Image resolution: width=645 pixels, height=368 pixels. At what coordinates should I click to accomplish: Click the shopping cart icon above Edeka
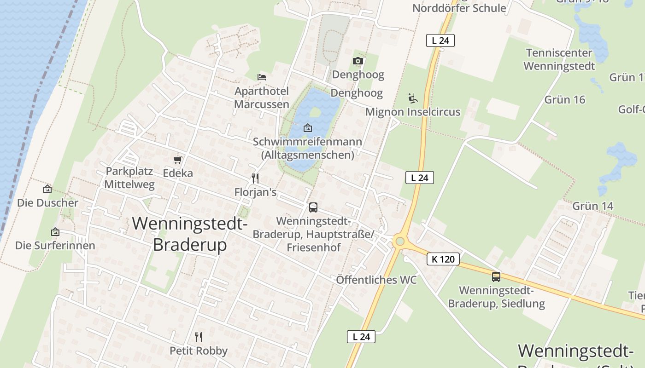(x=177, y=160)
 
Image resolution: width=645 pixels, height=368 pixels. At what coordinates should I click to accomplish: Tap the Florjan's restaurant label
(x=255, y=192)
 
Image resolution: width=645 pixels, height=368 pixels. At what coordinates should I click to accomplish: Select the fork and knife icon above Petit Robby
(x=199, y=337)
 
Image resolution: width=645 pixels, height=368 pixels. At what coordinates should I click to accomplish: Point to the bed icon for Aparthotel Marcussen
(x=262, y=77)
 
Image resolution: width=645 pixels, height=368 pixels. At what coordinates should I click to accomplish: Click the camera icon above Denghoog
(x=358, y=61)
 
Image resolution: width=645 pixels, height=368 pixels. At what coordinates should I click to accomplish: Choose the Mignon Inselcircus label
(x=413, y=112)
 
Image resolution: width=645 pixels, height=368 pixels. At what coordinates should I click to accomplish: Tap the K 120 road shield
(x=443, y=259)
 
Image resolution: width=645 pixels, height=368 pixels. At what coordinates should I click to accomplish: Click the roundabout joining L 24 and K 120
(x=399, y=241)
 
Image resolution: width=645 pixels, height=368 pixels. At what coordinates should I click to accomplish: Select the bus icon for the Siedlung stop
(x=496, y=276)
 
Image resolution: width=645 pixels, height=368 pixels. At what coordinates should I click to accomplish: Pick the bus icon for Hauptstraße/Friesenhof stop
(x=313, y=207)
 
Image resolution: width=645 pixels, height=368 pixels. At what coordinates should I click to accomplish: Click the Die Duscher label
(x=48, y=202)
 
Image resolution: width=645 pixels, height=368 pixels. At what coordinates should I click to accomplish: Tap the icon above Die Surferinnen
(x=55, y=232)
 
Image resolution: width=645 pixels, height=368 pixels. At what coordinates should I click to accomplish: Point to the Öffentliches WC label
(x=376, y=280)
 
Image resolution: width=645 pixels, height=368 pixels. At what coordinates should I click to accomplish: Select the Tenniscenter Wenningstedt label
(x=559, y=59)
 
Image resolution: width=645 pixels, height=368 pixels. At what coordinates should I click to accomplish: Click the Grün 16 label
(x=564, y=99)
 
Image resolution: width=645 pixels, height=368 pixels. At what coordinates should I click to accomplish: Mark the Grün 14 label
(x=593, y=206)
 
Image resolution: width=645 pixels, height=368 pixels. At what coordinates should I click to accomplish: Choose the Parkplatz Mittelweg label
(x=129, y=178)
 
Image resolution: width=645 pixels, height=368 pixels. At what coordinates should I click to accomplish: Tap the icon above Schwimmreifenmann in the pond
(x=308, y=128)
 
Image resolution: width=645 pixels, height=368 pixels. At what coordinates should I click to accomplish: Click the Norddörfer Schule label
(x=459, y=8)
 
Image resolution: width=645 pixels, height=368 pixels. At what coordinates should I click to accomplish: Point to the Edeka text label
(x=178, y=173)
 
